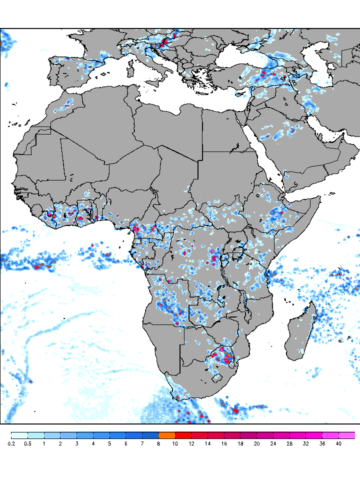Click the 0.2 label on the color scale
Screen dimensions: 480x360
click(x=11, y=443)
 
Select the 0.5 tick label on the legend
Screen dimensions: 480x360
click(x=27, y=443)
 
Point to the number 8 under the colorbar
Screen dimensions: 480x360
click(x=158, y=443)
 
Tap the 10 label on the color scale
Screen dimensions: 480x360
click(x=175, y=443)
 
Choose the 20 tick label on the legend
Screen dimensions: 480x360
click(x=256, y=443)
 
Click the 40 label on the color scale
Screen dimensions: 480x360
click(x=338, y=443)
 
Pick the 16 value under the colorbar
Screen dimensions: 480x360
click(x=224, y=443)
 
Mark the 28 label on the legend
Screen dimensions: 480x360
click(x=289, y=443)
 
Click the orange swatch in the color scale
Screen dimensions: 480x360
click(x=166, y=435)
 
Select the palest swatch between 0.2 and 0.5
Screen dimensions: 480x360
click(x=19, y=435)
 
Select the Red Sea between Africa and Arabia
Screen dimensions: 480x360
click(x=260, y=150)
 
